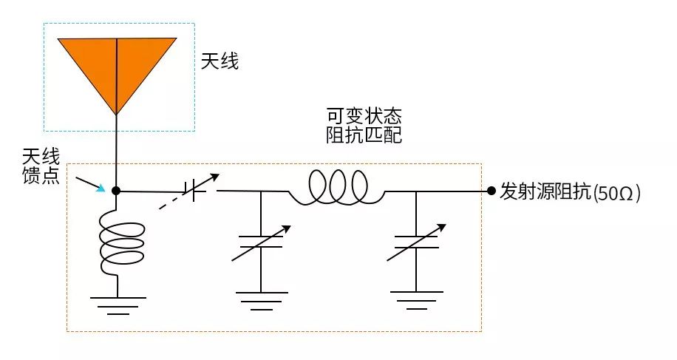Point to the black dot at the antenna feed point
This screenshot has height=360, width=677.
[116, 191]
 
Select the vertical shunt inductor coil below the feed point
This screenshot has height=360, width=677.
[119, 241]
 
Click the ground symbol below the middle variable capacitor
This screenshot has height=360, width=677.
[261, 300]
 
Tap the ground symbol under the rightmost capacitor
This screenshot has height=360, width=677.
[417, 300]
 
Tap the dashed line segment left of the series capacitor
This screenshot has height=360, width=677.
[172, 201]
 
